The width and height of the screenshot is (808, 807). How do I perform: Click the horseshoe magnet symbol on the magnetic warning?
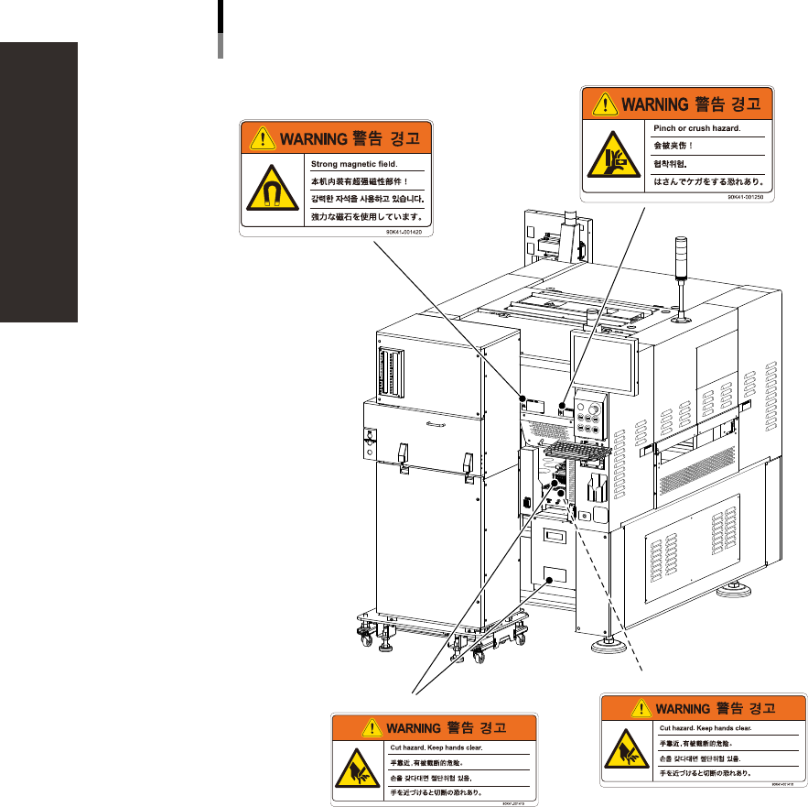click(270, 191)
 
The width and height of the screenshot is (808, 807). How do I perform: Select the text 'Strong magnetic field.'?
click(351, 164)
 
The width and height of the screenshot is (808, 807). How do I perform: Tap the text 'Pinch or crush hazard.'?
click(696, 129)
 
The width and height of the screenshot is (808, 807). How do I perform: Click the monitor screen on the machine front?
click(601, 361)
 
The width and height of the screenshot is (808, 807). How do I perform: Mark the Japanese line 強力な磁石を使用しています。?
click(367, 217)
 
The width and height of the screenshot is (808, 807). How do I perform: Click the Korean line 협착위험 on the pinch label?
click(671, 164)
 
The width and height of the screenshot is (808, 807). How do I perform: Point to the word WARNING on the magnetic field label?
click(310, 139)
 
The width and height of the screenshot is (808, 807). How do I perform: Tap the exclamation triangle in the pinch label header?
click(607, 104)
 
